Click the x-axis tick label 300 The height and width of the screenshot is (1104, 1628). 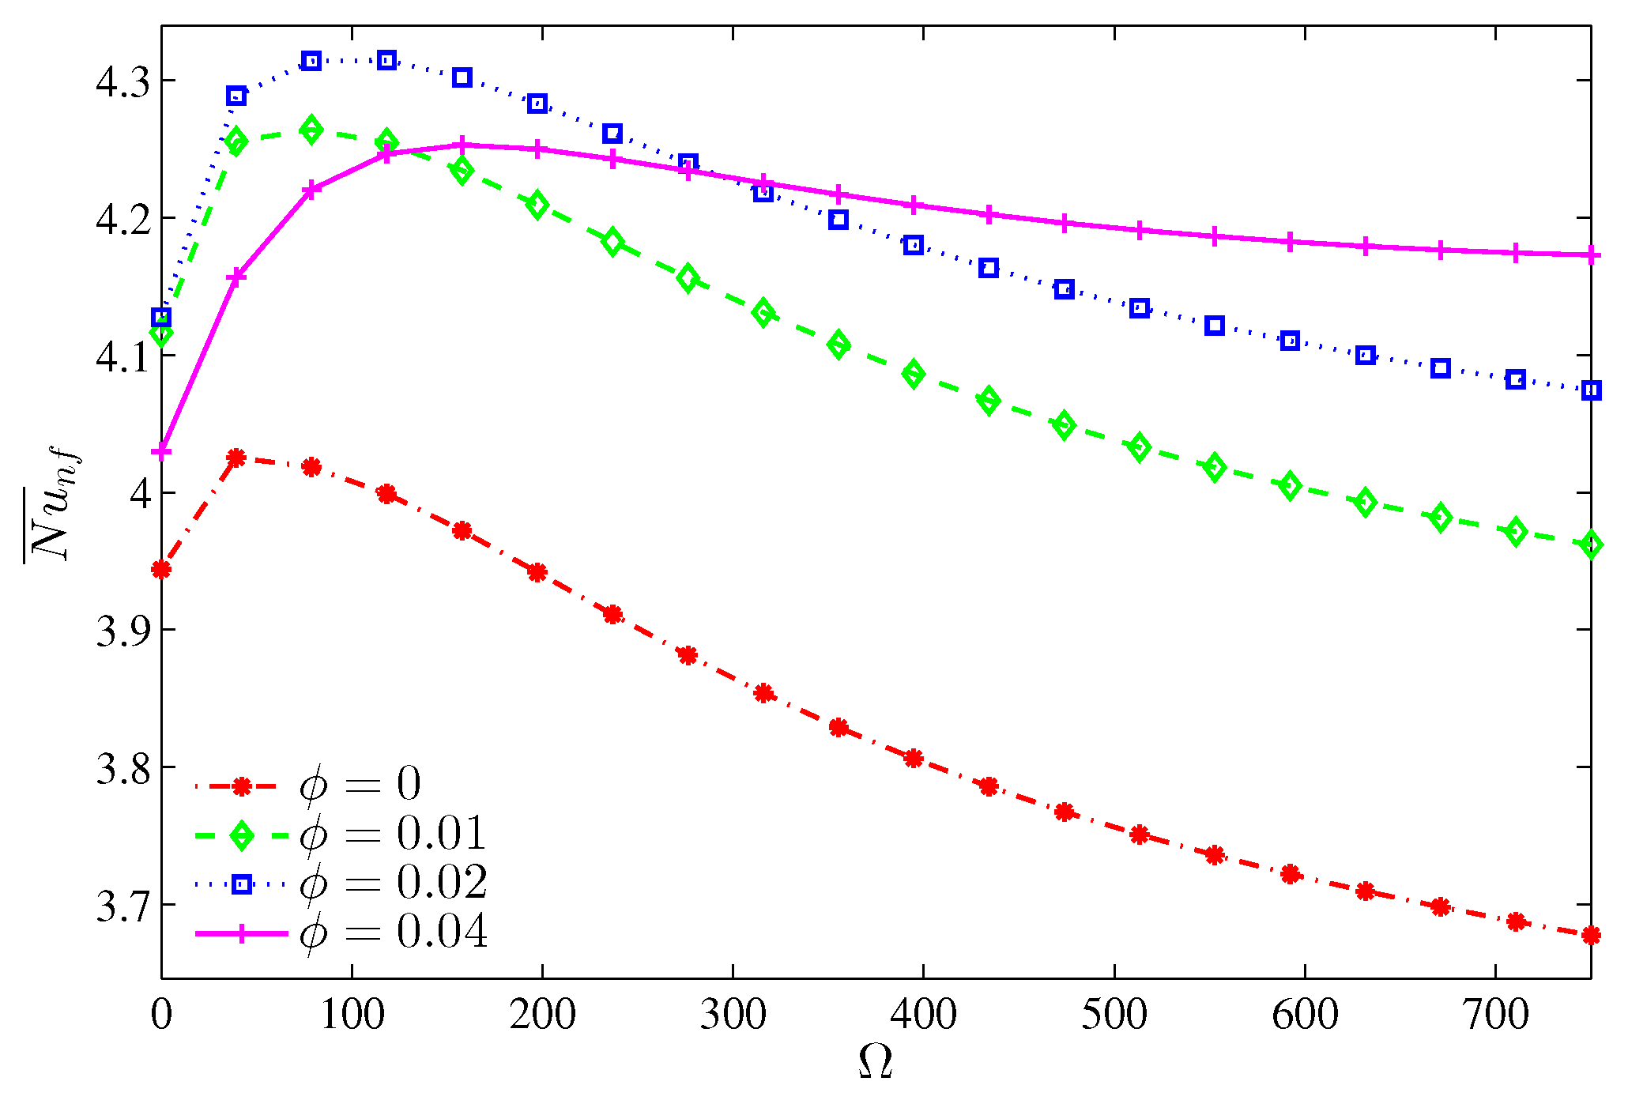[733, 1015]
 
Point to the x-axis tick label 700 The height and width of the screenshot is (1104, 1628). [1495, 1015]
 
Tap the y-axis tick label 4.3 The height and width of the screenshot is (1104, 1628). [122, 82]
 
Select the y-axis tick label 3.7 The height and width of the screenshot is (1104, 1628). [122, 906]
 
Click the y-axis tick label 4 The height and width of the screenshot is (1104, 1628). [140, 494]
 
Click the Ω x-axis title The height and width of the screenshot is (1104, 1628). [875, 1063]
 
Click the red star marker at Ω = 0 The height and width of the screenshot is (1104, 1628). [161, 569]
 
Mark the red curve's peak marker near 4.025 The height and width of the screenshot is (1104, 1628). [236, 458]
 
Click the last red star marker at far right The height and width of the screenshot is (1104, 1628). [1591, 935]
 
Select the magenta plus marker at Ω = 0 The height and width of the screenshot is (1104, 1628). [161, 452]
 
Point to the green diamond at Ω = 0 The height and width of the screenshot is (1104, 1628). [161, 335]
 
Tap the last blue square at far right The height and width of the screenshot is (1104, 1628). [1591, 390]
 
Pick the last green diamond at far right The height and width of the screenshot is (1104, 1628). [1591, 544]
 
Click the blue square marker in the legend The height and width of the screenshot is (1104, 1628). [242, 884]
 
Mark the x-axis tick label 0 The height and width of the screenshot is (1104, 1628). [161, 1015]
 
